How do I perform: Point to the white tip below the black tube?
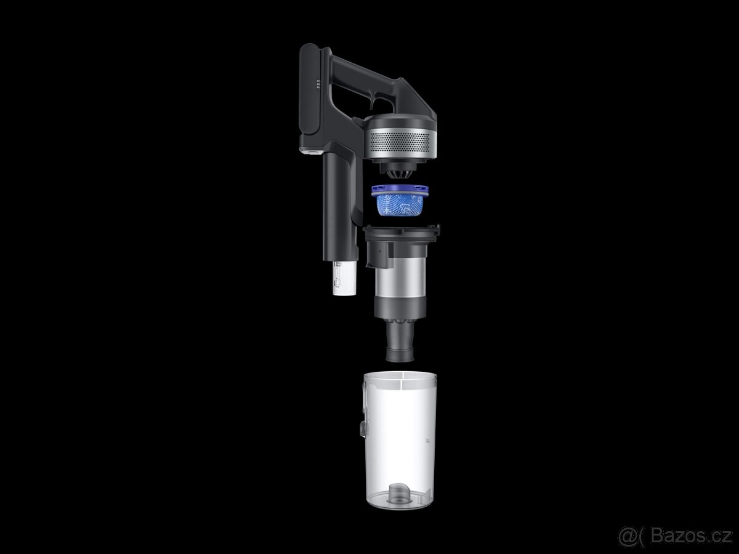[x=344, y=278]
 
